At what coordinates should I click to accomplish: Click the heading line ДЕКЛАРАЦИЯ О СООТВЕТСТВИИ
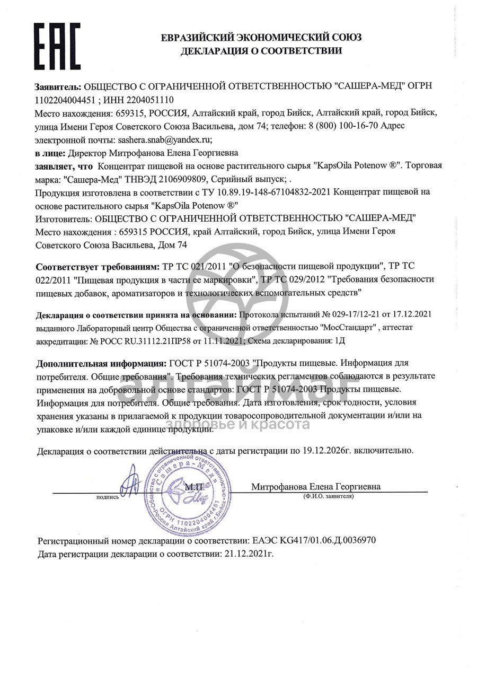tap(261, 51)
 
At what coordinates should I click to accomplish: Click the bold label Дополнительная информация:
tap(101, 364)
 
